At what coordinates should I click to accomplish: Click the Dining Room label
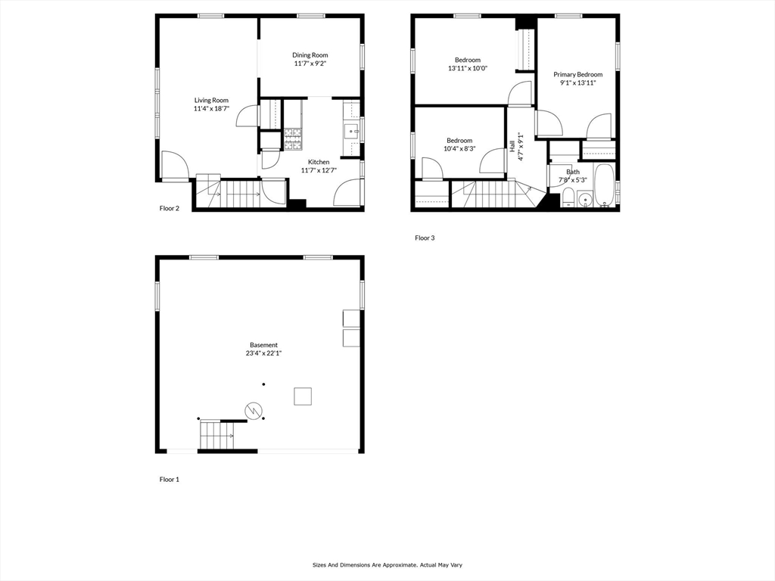310,55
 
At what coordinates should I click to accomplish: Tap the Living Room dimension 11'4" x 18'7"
211,109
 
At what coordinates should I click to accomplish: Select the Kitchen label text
319,162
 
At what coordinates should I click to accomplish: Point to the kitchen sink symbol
352,132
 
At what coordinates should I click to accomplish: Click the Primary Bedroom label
577,74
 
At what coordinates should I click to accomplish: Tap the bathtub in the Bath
605,186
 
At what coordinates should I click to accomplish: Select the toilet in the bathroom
568,199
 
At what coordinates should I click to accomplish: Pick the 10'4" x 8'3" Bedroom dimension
459,149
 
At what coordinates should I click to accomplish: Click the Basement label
263,345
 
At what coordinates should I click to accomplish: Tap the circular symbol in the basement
254,411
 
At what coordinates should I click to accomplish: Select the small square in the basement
303,396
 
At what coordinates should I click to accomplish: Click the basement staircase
216,437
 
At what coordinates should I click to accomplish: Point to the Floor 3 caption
425,238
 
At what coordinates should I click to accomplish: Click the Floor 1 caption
169,480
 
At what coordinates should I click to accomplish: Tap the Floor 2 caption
169,209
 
